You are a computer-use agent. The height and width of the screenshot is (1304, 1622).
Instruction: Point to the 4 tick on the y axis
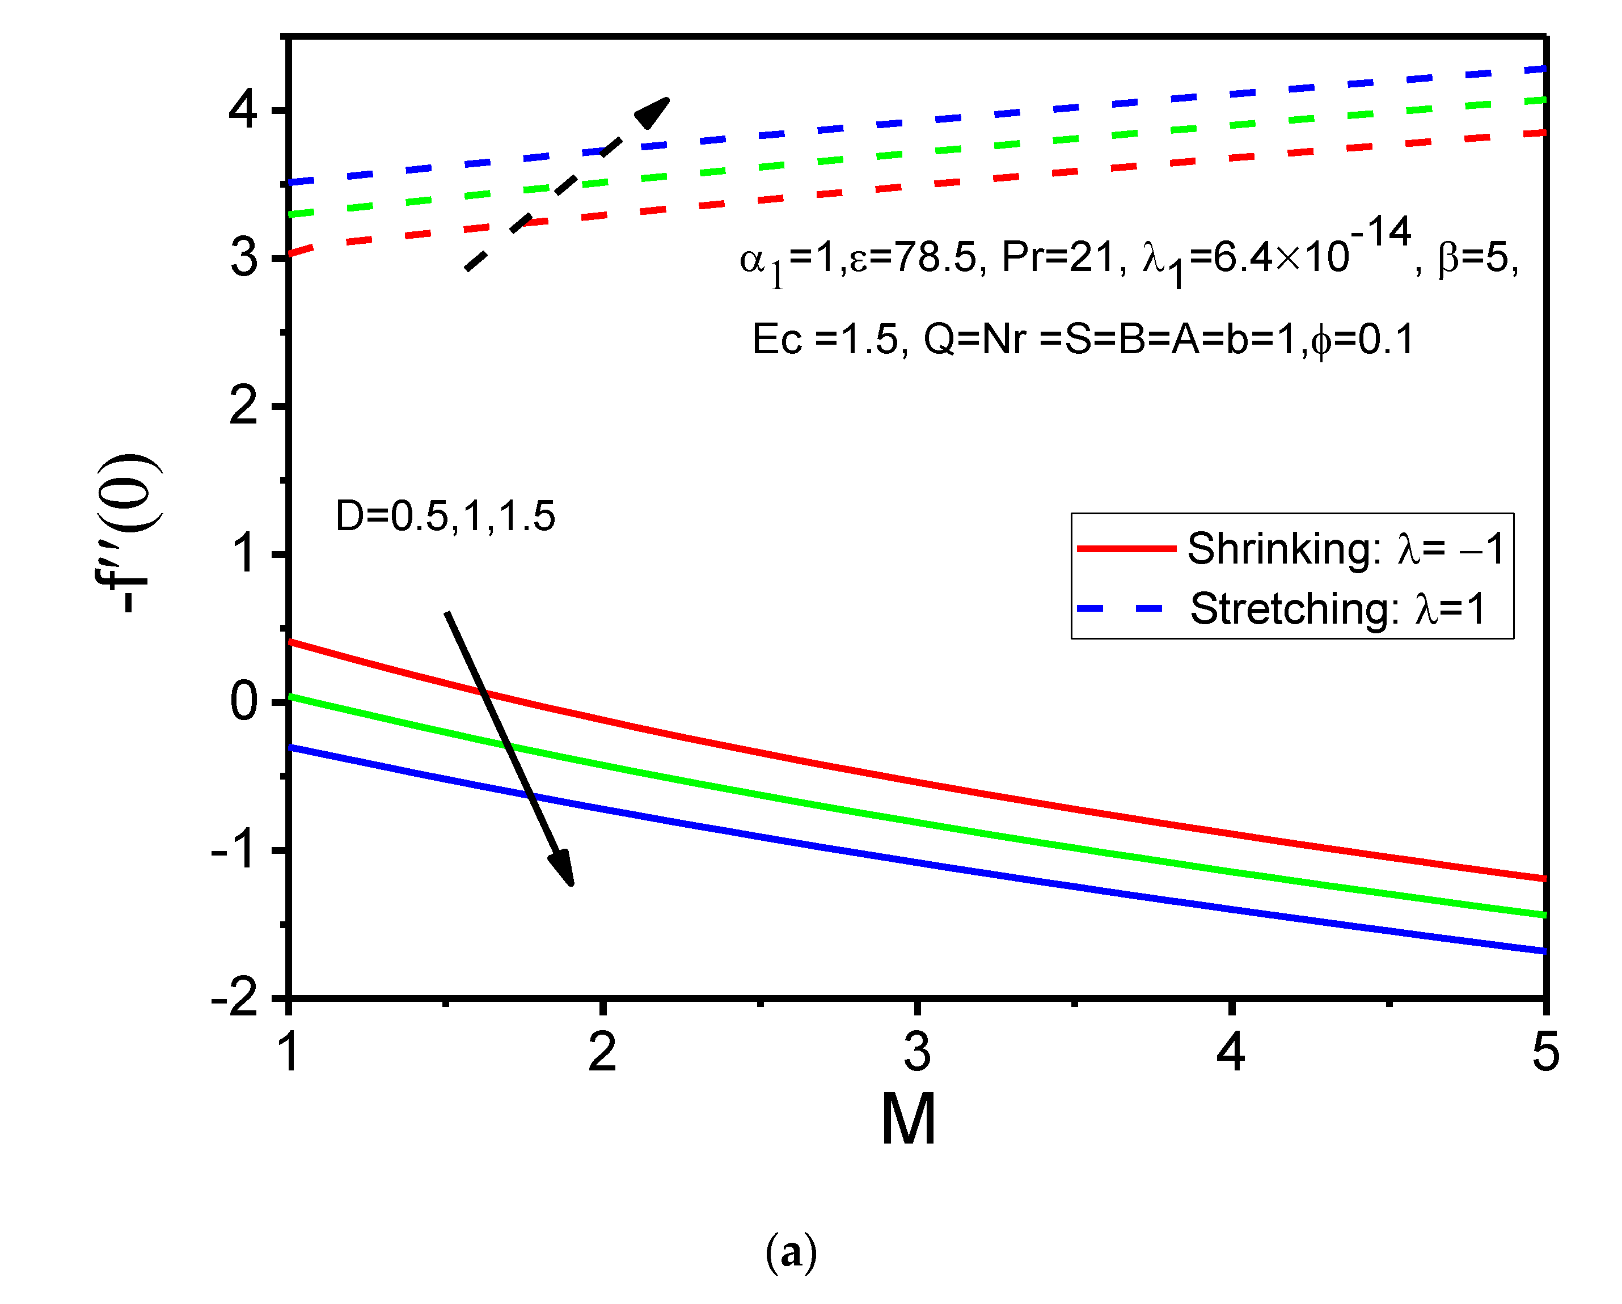[x=243, y=111]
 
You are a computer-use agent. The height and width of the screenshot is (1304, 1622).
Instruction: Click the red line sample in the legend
[x=1126, y=549]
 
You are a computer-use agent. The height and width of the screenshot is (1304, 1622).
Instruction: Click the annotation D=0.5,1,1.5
[x=445, y=516]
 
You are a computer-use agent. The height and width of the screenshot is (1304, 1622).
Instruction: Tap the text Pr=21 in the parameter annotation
[x=1056, y=257]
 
